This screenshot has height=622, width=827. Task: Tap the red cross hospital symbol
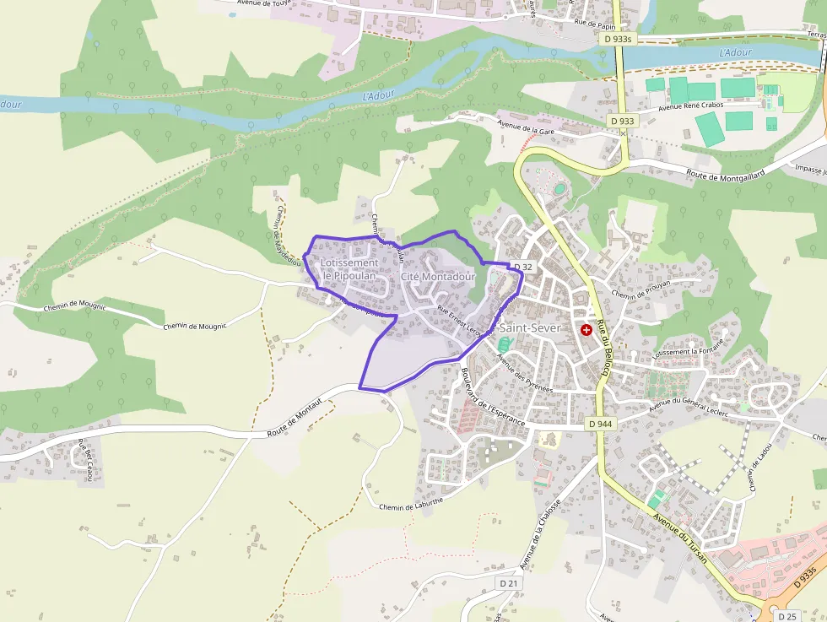pos(586,329)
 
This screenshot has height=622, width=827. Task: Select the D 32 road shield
pos(523,268)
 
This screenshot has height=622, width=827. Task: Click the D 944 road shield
pos(601,424)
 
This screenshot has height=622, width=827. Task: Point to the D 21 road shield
pos(508,583)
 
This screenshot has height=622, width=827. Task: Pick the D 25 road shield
pos(787,617)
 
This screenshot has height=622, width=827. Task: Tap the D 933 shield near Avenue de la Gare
pos(621,122)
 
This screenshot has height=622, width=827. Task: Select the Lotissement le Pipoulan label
pos(349,269)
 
